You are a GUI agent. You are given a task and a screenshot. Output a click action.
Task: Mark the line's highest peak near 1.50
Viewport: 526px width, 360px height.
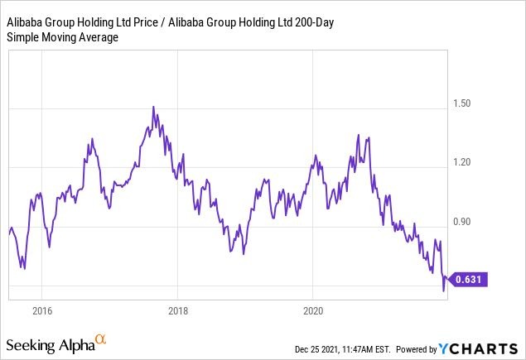(x=153, y=107)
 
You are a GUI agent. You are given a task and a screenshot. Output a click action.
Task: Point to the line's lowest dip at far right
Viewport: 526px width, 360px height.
(x=443, y=290)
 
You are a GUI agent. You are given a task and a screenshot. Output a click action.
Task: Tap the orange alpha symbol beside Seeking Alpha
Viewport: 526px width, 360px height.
(x=101, y=340)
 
